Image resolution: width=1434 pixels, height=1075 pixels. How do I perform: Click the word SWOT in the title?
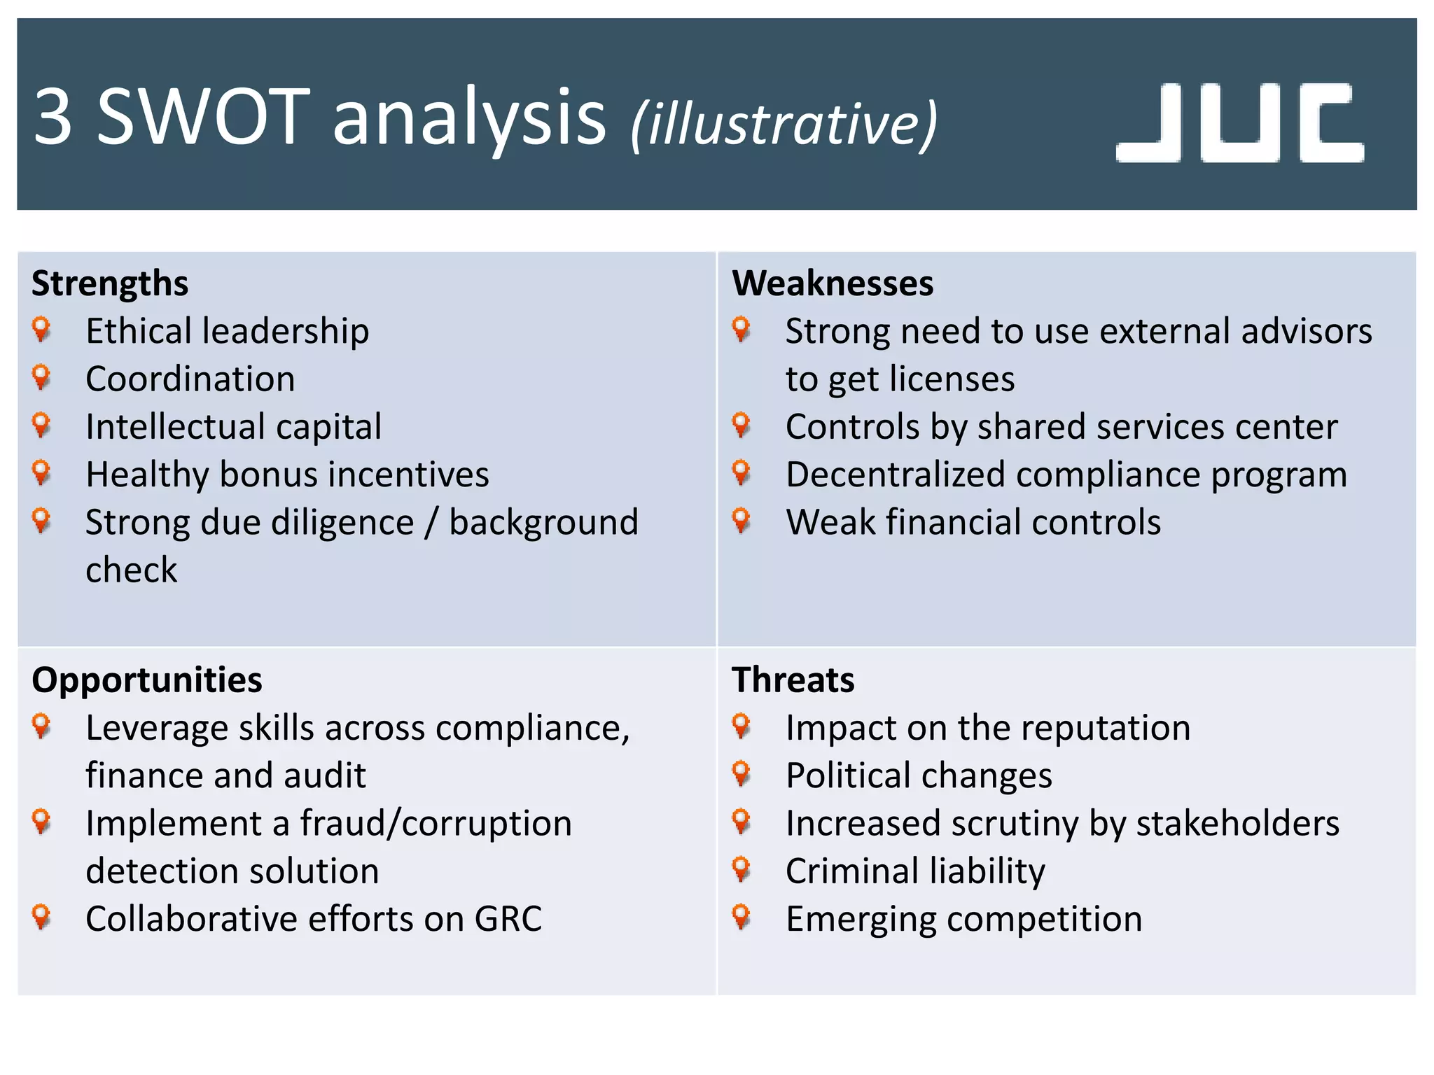[203, 117]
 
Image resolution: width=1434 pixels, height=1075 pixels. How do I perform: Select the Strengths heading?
[110, 283]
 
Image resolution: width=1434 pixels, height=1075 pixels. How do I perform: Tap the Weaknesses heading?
[833, 283]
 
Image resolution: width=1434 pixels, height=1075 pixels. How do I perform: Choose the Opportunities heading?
[147, 680]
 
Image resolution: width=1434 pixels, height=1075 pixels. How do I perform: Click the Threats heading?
[793, 680]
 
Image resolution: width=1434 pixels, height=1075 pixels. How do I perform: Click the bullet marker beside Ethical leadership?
[41, 329]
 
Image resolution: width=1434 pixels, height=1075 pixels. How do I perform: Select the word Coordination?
[190, 379]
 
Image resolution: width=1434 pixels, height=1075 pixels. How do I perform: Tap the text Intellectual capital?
[233, 427]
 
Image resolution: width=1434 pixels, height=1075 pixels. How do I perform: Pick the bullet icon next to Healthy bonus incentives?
[41, 472]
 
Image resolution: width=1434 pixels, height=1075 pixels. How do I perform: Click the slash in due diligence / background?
[431, 523]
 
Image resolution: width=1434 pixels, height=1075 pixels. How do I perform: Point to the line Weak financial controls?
[973, 523]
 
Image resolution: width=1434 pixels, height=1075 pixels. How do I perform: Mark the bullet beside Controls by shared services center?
[741, 425]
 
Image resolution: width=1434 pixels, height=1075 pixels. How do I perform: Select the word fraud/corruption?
[436, 824]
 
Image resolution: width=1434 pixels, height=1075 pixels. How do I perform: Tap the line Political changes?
[919, 776]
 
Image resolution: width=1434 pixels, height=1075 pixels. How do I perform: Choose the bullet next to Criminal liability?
[741, 869]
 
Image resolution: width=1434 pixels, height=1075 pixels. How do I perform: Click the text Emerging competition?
[963, 919]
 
